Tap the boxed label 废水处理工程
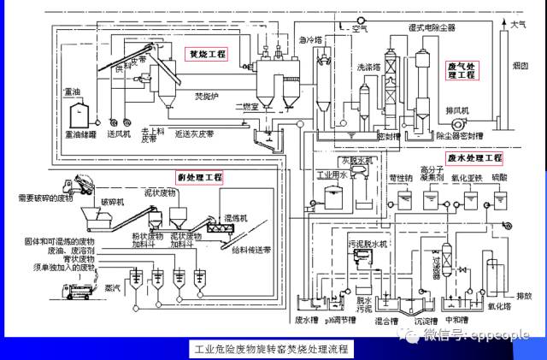click(473, 158)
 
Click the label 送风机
click(117, 134)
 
